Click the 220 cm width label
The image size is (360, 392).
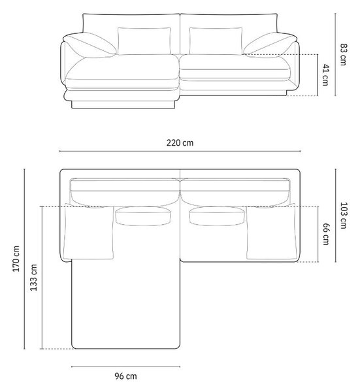pos(180,142)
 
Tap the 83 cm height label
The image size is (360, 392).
pos(344,54)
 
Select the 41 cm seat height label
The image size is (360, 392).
pos(325,75)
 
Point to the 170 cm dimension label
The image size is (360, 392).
pos(16,259)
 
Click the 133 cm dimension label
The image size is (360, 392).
pos(33,278)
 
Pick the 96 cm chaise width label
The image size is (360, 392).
pos(125,376)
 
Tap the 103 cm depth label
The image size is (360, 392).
pos(344,215)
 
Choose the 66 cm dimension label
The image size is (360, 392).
pos(326,234)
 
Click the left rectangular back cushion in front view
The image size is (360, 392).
pos(144,41)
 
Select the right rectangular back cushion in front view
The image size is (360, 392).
pos(216,41)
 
